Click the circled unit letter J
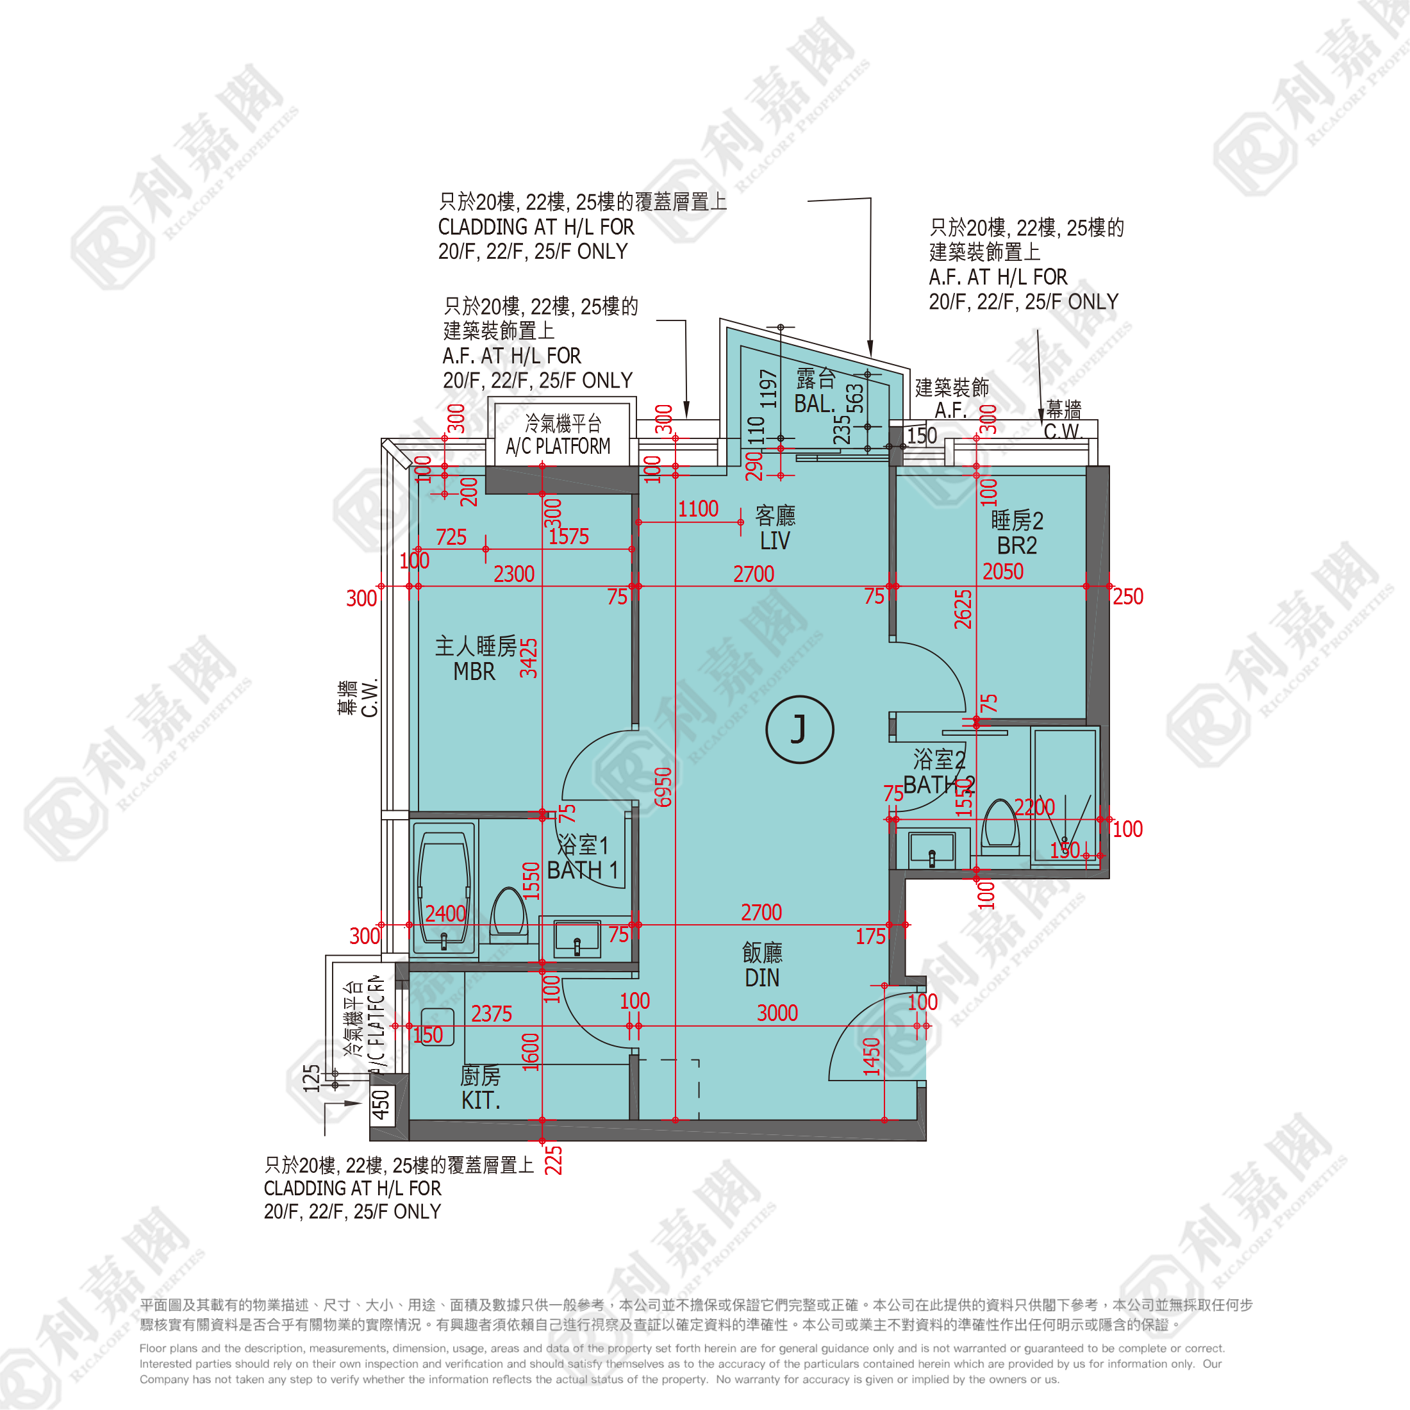pyautogui.click(x=799, y=729)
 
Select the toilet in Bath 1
pyautogui.click(x=509, y=911)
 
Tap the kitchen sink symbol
pyautogui.click(x=437, y=1027)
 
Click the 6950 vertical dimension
pyautogui.click(x=663, y=787)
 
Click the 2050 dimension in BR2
pyautogui.click(x=1003, y=572)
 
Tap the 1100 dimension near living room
pyautogui.click(x=699, y=510)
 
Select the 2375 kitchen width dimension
pyautogui.click(x=491, y=1014)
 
